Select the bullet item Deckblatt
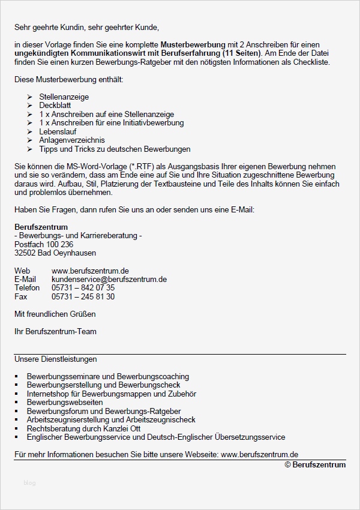(x=55, y=105)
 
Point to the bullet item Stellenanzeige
(x=64, y=97)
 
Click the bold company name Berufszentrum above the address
(x=41, y=227)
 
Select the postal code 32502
(x=25, y=253)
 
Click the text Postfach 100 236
(x=44, y=244)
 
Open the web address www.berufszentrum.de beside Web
(x=90, y=271)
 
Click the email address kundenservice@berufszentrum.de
(x=109, y=279)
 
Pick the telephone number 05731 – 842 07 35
(x=83, y=287)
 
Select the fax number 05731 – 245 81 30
(x=83, y=296)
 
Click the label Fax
(x=21, y=296)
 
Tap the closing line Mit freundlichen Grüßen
(x=55, y=314)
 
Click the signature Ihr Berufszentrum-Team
(x=55, y=331)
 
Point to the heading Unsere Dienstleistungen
(x=55, y=359)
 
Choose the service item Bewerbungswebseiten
(x=65, y=402)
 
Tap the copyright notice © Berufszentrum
(x=315, y=464)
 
